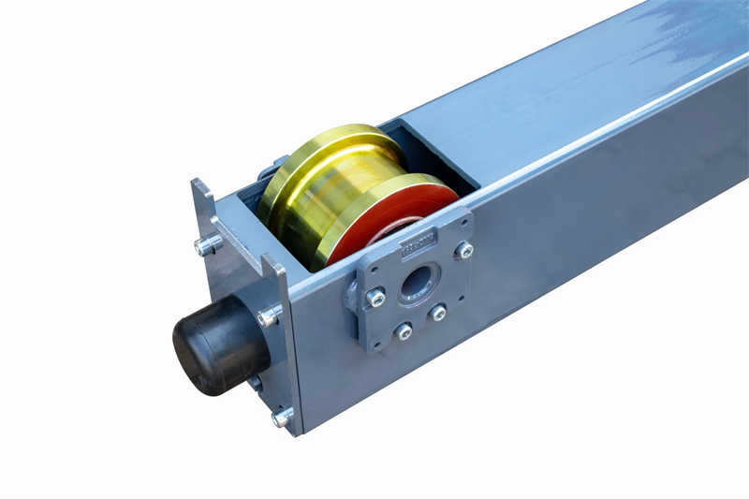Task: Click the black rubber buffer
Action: (x=218, y=344)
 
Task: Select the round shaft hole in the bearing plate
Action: (x=418, y=282)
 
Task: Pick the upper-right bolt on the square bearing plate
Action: (x=463, y=250)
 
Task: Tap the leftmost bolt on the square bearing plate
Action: (x=374, y=298)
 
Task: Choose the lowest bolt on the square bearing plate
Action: (x=404, y=330)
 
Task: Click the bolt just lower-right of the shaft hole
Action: (x=437, y=313)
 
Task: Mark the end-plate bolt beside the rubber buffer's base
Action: (x=270, y=316)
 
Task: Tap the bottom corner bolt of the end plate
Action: (x=282, y=417)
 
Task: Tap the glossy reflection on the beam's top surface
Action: (x=683, y=37)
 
